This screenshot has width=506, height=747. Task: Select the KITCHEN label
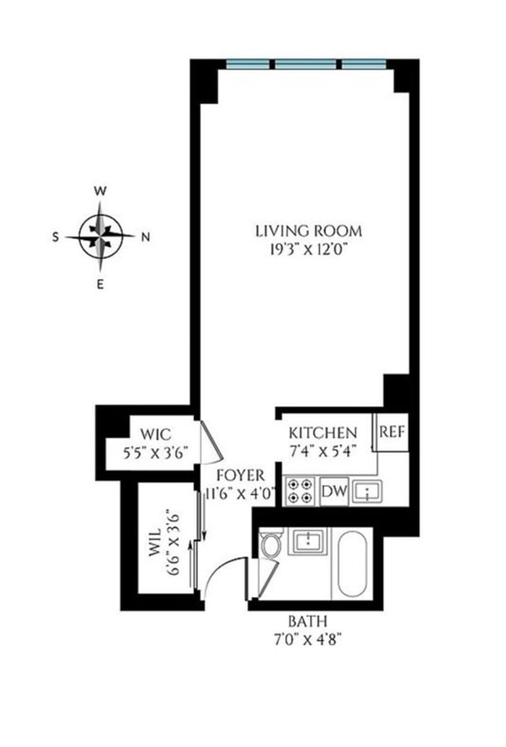323,433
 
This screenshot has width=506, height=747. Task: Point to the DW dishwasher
333,491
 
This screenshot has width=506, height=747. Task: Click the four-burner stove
300,491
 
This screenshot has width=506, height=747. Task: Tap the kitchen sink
367,491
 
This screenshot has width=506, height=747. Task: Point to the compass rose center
100,237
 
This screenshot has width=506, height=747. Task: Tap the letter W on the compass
99,190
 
